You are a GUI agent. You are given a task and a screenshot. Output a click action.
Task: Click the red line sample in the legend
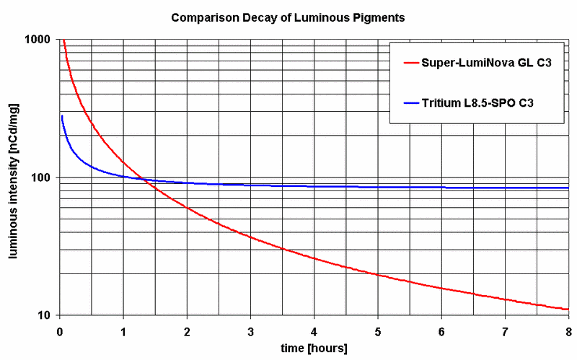point(413,63)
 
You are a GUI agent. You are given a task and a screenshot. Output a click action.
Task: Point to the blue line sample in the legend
point(413,104)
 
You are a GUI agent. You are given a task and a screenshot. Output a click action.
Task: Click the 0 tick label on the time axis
point(60,331)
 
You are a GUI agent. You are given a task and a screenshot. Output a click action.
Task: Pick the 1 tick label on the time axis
point(123,331)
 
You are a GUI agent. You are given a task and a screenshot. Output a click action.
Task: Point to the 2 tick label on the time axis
point(187,331)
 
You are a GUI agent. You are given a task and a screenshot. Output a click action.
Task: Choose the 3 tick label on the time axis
point(250,331)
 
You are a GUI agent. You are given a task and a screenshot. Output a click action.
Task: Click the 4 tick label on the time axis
point(314,331)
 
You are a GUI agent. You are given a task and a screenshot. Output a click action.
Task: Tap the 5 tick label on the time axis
point(377,331)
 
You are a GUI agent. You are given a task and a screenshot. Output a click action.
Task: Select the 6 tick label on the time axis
point(441,331)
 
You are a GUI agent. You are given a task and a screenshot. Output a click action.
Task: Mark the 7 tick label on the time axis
point(504,331)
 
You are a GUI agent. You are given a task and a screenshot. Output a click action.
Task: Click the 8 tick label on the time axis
point(568,331)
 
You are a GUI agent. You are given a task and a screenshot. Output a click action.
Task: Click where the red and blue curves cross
point(142,179)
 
